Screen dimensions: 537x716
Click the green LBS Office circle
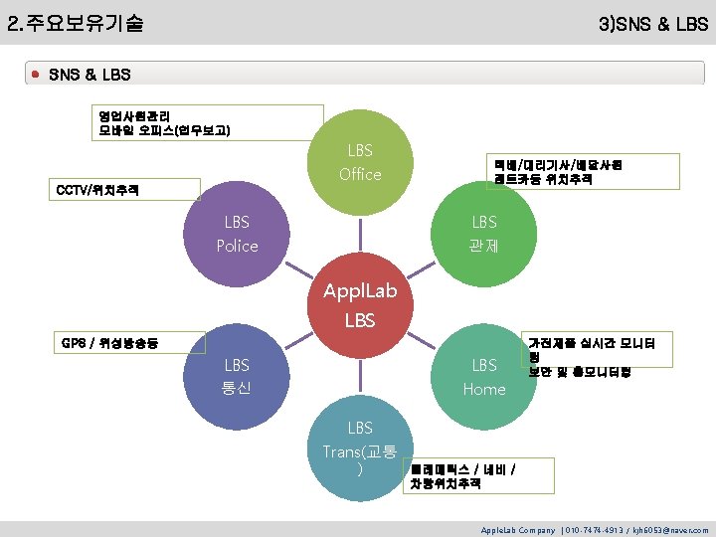coord(360,163)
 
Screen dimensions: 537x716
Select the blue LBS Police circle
coord(237,234)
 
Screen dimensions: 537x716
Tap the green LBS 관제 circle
coord(484,234)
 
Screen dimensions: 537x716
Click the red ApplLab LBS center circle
coord(360,305)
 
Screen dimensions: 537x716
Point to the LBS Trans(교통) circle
coord(360,447)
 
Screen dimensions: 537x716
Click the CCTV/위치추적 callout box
coord(124,189)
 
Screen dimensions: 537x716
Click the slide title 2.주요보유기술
coord(75,22)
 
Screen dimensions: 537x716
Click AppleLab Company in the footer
coord(517,530)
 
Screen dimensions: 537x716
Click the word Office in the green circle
coord(360,174)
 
